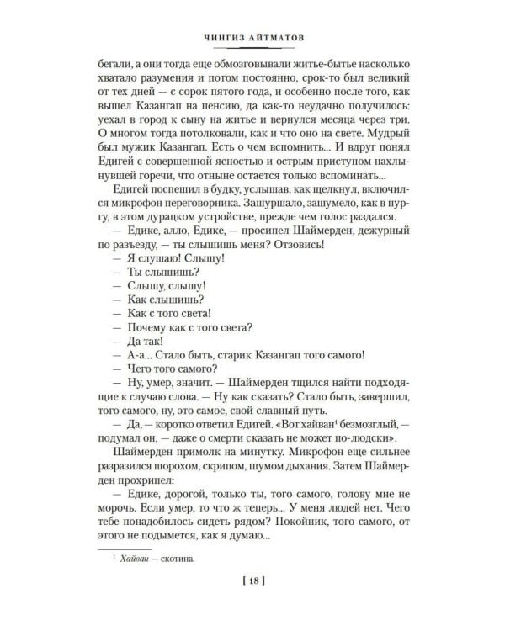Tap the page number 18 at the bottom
[252, 602]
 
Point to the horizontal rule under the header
[252, 48]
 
